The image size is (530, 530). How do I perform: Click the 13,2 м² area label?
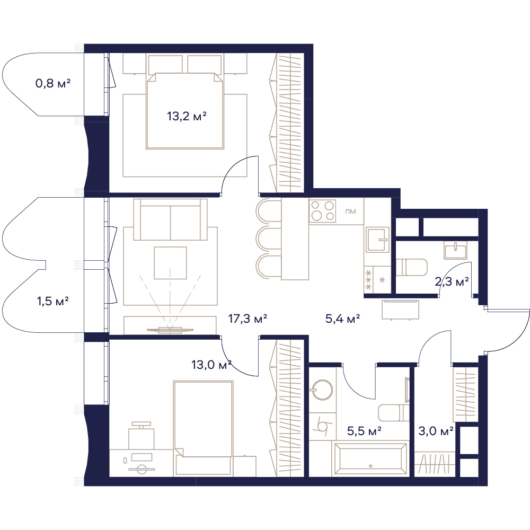pyautogui.click(x=187, y=117)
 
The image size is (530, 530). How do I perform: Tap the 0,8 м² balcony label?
pyautogui.click(x=53, y=83)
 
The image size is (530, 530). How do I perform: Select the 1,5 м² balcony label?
pyautogui.click(x=53, y=301)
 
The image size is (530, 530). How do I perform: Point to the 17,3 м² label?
pyautogui.click(x=248, y=319)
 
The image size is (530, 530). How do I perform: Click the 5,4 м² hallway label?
pyautogui.click(x=342, y=319)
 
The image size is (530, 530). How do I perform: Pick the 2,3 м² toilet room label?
pyautogui.click(x=452, y=281)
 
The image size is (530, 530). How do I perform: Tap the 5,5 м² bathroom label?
pyautogui.click(x=365, y=431)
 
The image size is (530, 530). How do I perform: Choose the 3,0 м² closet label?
pyautogui.click(x=436, y=431)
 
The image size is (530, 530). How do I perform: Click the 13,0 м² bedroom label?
pyautogui.click(x=211, y=365)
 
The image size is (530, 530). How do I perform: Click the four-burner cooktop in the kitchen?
pyautogui.click(x=322, y=210)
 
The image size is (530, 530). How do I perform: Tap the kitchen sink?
pyautogui.click(x=377, y=240)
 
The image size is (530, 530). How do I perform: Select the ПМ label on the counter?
pyautogui.click(x=350, y=211)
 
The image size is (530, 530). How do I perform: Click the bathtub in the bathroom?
pyautogui.click(x=370, y=458)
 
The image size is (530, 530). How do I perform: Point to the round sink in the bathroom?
pyautogui.click(x=321, y=390)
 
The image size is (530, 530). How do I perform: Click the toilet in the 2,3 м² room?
pyautogui.click(x=411, y=267)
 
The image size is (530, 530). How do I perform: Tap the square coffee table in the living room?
pyautogui.click(x=170, y=263)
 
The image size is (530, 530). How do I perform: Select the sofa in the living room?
pyautogui.click(x=170, y=219)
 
